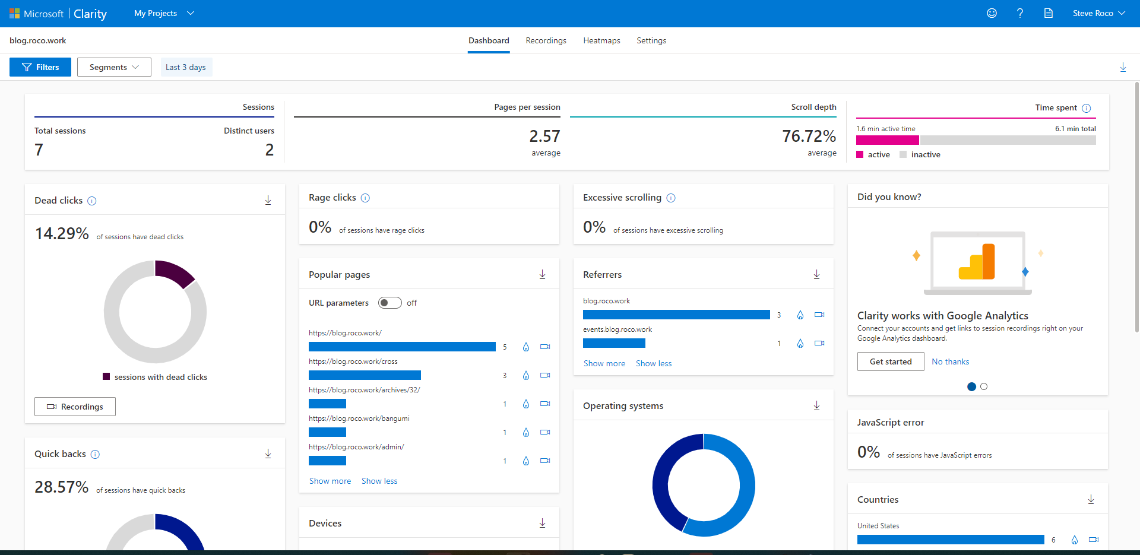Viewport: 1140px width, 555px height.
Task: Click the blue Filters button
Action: [x=40, y=67]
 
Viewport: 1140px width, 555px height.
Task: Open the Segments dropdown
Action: [x=114, y=67]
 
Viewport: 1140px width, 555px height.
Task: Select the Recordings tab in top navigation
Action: [x=546, y=40]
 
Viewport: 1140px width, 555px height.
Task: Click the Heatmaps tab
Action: [x=601, y=40]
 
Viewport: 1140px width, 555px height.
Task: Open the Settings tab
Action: [x=651, y=40]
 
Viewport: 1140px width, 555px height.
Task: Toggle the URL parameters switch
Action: [x=390, y=303]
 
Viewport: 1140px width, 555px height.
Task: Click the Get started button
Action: [x=890, y=361]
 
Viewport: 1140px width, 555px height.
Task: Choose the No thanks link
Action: [x=950, y=361]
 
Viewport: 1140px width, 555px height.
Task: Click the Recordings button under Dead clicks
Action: [x=75, y=407]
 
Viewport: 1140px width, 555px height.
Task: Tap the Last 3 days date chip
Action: [x=186, y=67]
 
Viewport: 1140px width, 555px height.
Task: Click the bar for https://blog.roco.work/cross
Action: [x=365, y=375]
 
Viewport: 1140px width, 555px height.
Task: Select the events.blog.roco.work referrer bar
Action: [x=614, y=343]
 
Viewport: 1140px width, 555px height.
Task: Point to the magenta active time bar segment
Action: [x=887, y=140]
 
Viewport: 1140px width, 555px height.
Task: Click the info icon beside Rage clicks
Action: [x=365, y=198]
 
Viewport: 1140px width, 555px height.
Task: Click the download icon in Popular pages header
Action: [x=542, y=274]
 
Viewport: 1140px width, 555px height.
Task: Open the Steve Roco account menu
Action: [x=1098, y=13]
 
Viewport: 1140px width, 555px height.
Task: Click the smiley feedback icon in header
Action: [x=992, y=13]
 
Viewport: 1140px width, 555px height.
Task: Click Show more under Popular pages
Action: [x=330, y=481]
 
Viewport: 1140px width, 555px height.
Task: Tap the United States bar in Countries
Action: [x=950, y=540]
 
